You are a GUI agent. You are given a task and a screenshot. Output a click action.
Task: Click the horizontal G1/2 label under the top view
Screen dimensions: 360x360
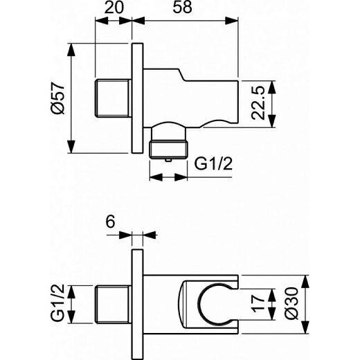[213, 165]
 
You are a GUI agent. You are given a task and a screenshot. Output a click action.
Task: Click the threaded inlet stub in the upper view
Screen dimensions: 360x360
[112, 99]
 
